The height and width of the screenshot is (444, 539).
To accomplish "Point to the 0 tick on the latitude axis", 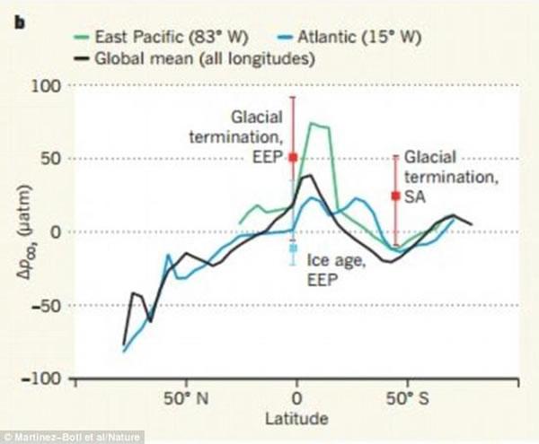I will (296, 397).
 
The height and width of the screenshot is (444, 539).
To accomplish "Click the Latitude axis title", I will (296, 418).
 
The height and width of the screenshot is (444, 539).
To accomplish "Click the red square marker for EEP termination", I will (293, 157).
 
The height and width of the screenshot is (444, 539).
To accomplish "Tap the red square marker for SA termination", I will (395, 195).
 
